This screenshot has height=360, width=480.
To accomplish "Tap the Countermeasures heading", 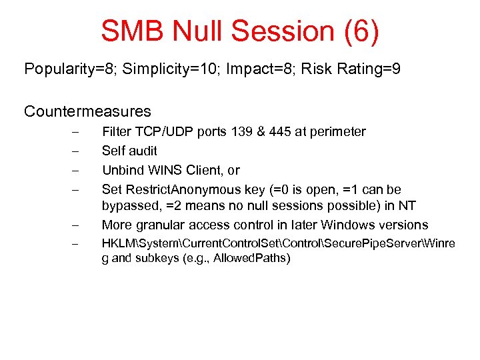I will coord(87,111).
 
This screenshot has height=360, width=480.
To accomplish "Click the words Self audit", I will coord(129,151).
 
